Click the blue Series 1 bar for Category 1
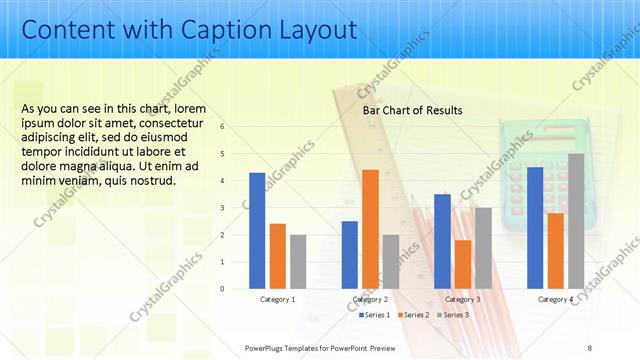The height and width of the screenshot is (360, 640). coord(257,231)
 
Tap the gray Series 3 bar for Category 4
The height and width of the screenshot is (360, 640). coord(576,221)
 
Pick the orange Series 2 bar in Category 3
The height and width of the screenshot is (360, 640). coord(462,264)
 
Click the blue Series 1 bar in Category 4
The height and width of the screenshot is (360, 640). coord(535,228)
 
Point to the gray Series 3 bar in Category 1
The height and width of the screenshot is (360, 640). coord(298,262)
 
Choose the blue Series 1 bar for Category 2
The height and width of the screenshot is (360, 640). coord(350,255)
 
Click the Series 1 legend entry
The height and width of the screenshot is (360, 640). coord(374,315)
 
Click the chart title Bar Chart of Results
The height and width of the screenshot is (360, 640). coord(412,111)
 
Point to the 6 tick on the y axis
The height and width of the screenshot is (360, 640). coord(222,127)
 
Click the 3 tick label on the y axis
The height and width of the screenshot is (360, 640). coord(222,208)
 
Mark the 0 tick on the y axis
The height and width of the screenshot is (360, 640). coord(222,289)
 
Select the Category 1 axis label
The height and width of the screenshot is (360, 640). coord(277,299)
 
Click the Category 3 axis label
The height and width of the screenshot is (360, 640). coord(462,299)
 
